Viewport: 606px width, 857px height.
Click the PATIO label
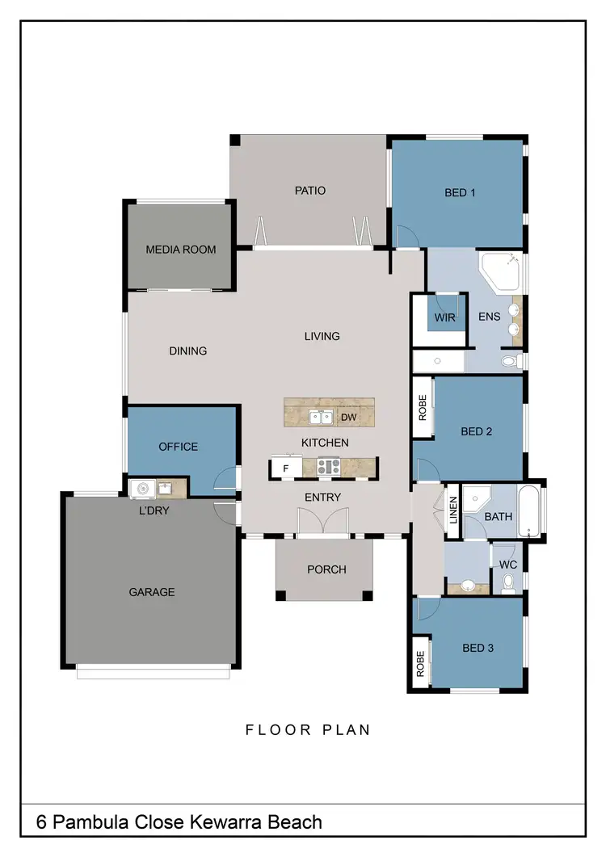pos(310,191)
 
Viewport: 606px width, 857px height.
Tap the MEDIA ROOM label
pos(181,250)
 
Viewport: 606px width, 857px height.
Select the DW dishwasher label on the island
pos(349,418)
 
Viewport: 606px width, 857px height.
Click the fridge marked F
pos(285,467)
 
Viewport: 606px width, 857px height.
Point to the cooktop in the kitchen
pos(328,466)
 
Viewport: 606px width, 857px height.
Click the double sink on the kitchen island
pos(321,417)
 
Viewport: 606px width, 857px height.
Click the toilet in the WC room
pos(508,582)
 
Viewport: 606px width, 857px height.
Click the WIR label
pos(444,317)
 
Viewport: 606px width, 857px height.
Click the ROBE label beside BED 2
pos(422,408)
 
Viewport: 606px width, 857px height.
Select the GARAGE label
pos(152,592)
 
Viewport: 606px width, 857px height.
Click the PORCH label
pos(326,569)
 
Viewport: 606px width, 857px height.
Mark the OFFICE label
pos(179,447)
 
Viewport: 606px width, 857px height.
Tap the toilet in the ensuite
pos(509,361)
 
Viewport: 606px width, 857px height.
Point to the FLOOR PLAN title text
pos(308,730)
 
